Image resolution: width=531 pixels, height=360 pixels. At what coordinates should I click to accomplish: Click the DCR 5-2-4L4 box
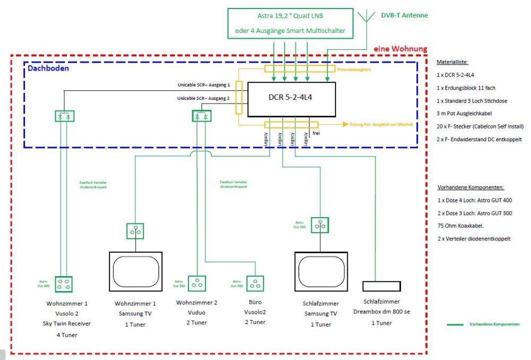tap(292, 99)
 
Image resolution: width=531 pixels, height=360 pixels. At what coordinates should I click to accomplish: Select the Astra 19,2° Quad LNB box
tap(290, 23)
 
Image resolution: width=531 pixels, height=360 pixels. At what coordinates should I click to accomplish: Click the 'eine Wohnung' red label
tap(400, 49)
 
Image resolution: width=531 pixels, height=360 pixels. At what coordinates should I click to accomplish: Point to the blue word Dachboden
tap(48, 68)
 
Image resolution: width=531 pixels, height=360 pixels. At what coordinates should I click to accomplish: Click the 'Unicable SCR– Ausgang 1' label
tap(204, 84)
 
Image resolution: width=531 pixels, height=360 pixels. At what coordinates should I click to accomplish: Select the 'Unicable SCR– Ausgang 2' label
tap(204, 98)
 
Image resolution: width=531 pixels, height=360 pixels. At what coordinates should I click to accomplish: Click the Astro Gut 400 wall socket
tap(64, 284)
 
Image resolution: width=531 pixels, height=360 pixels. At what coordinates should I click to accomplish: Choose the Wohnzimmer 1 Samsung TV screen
tap(135, 271)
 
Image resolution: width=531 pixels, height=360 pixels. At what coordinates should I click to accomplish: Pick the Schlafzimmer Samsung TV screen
tap(321, 271)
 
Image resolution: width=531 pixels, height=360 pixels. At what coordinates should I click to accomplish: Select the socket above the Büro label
tap(255, 284)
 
